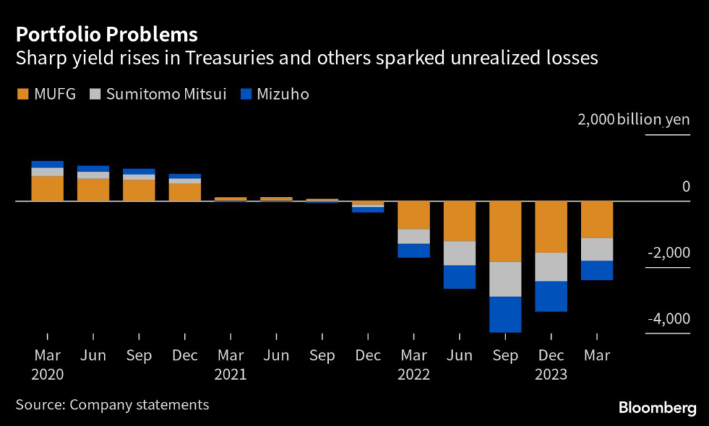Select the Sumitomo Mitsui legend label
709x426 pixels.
pyautogui.click(x=166, y=94)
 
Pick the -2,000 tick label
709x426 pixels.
pyautogui.click(x=667, y=252)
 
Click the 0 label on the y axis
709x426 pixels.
pyautogui.click(x=685, y=186)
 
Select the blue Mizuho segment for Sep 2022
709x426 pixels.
pyautogui.click(x=505, y=314)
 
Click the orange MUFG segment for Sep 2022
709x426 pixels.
pyautogui.click(x=505, y=231)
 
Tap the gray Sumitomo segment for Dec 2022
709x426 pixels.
pyautogui.click(x=551, y=266)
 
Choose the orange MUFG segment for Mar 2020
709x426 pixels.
pyautogui.click(x=47, y=188)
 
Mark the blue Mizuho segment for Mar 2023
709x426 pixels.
pyautogui.click(x=597, y=270)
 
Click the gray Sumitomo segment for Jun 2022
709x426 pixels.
pyautogui.click(x=460, y=253)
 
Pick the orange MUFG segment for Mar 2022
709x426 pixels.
pyautogui.click(x=414, y=215)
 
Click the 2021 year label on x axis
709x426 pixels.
pyautogui.click(x=231, y=376)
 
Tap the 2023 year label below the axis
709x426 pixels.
pyautogui.click(x=551, y=376)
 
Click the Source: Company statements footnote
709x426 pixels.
pyautogui.click(x=112, y=405)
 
